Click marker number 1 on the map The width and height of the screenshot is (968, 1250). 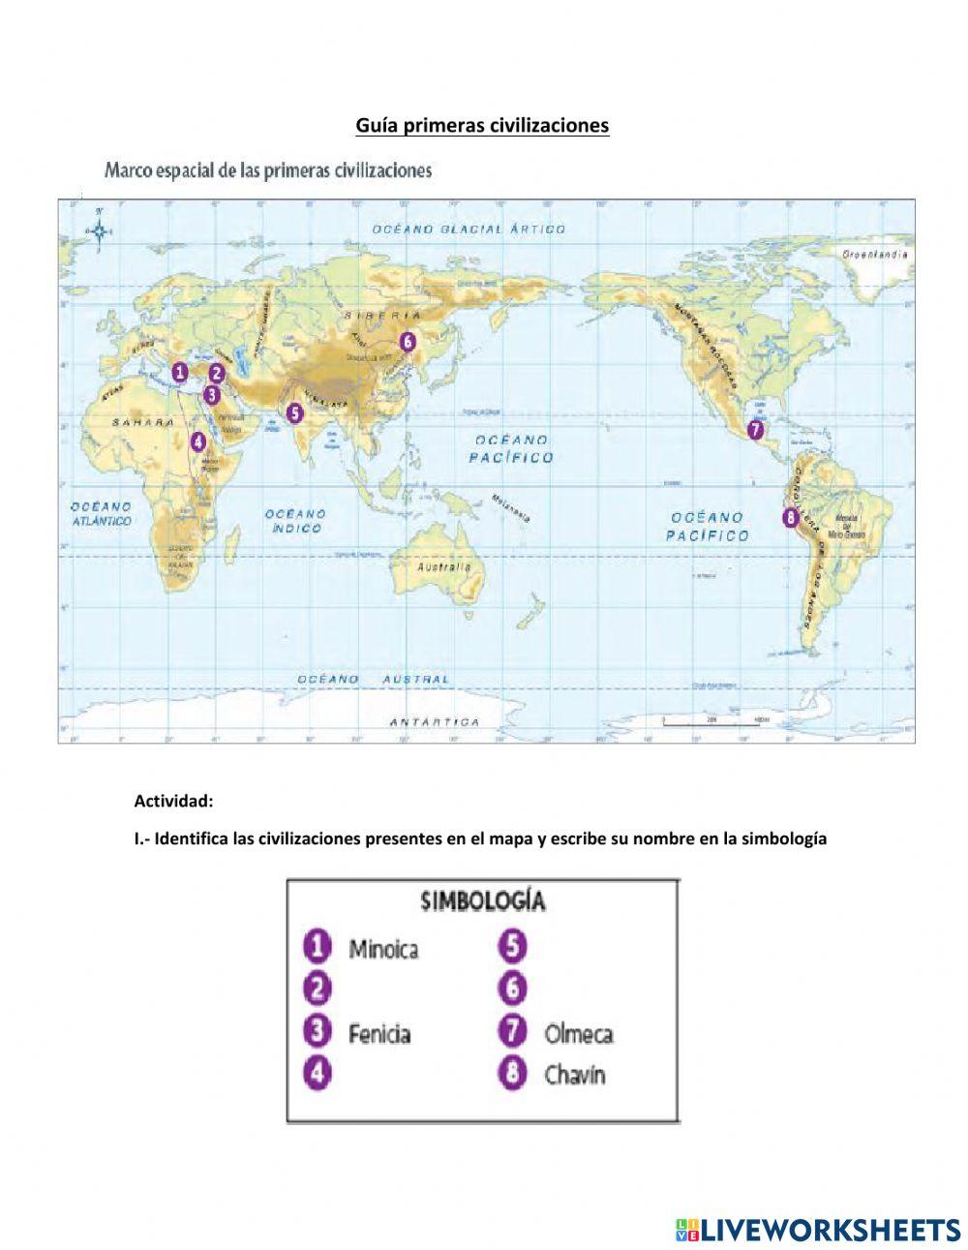(x=179, y=372)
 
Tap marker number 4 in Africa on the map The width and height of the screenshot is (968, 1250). (x=197, y=442)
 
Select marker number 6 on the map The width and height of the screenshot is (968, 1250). (x=408, y=341)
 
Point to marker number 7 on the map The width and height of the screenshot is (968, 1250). (x=755, y=429)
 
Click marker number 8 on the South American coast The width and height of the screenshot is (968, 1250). (x=792, y=518)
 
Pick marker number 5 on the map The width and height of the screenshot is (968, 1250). (x=294, y=412)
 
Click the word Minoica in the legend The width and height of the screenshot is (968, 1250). (x=383, y=948)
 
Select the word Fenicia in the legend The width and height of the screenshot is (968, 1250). (x=379, y=1033)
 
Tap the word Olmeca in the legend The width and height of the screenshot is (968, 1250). (x=578, y=1033)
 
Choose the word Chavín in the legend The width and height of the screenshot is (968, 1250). (x=574, y=1074)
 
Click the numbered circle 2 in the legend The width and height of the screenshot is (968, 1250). (x=317, y=989)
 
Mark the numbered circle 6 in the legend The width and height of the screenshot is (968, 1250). (x=512, y=989)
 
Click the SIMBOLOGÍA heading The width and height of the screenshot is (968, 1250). (x=483, y=900)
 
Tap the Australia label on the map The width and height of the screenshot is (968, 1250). (x=443, y=566)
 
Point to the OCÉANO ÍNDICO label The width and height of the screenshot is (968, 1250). (x=295, y=521)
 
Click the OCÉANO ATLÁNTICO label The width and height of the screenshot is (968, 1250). (x=101, y=513)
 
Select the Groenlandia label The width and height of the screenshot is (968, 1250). (x=874, y=254)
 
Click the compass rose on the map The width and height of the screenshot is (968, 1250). (x=99, y=230)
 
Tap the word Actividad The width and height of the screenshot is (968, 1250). (x=173, y=801)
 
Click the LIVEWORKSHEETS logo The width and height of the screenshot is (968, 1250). (x=818, y=1230)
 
